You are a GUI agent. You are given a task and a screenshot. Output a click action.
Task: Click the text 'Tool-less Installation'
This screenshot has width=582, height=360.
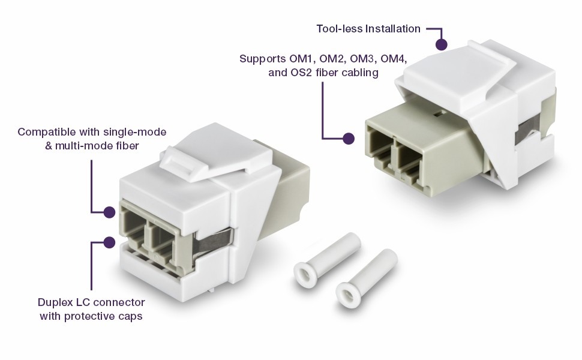coord(368,29)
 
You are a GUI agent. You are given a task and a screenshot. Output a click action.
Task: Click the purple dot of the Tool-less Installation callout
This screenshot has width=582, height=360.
coord(442,44)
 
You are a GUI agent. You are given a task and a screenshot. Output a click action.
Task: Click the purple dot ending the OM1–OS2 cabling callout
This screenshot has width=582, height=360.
coord(348,139)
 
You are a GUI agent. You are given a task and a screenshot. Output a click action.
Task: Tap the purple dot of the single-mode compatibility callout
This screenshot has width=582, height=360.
coord(109,212)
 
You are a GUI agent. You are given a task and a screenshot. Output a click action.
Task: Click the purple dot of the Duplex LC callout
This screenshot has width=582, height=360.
coord(109,242)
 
